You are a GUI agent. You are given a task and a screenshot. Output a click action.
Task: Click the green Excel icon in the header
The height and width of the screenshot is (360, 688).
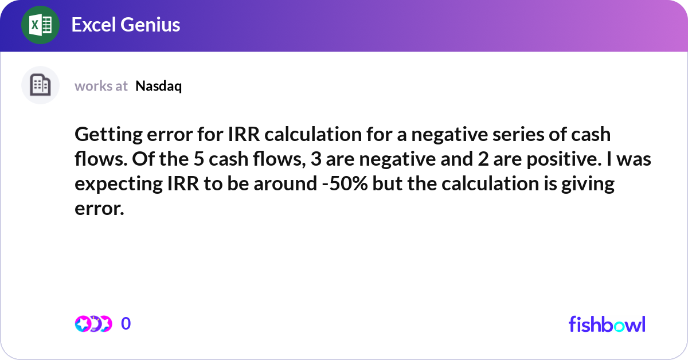tap(41, 25)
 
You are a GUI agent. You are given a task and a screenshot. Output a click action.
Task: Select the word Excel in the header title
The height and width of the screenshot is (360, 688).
tap(92, 25)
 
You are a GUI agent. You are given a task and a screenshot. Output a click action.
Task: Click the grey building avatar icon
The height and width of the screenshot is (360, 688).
tap(40, 85)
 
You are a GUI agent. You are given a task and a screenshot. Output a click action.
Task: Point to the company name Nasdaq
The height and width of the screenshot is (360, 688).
tap(159, 86)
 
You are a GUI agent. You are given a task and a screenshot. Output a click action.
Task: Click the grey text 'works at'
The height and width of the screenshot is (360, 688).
tap(101, 86)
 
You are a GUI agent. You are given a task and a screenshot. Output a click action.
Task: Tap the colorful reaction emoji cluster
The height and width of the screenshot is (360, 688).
tap(93, 324)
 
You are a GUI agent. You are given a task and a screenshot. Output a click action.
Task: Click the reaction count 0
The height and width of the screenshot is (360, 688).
tap(126, 324)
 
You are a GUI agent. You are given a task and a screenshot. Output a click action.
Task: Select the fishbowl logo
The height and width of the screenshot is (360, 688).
tap(607, 324)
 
